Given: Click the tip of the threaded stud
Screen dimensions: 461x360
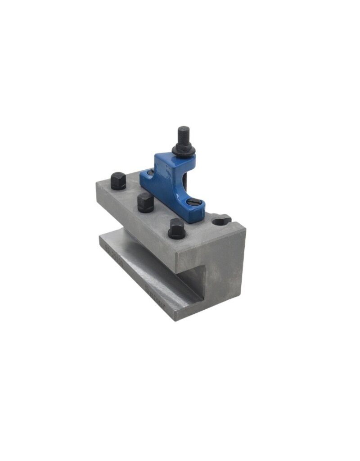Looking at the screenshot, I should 183,129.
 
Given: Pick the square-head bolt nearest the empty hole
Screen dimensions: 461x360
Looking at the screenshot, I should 177,229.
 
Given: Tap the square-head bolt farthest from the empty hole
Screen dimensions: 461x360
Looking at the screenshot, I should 118,181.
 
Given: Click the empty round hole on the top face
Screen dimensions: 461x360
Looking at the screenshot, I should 220,221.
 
